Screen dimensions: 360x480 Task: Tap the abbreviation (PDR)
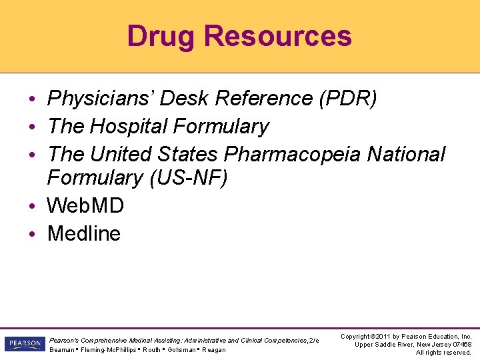click(x=348, y=99)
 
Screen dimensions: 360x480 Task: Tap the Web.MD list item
click(x=85, y=206)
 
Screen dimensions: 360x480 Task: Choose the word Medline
click(x=84, y=234)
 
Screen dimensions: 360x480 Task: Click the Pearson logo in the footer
click(x=24, y=344)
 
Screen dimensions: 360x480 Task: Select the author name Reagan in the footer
click(x=214, y=350)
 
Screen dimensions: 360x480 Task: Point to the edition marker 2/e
click(x=313, y=341)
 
